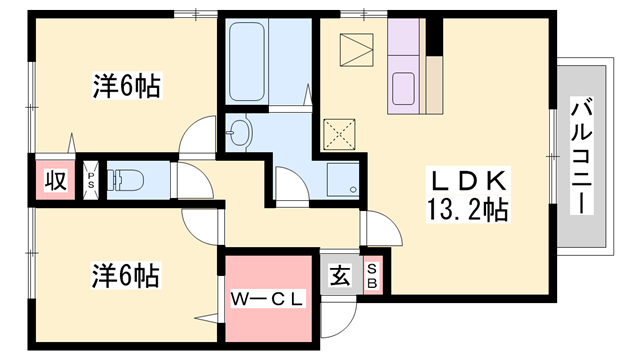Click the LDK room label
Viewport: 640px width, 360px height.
point(468,180)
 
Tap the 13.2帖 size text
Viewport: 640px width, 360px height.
point(468,210)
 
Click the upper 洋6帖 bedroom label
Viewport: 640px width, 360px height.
point(127,86)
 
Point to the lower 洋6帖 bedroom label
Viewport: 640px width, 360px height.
point(125,276)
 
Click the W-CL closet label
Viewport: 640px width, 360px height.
point(268,299)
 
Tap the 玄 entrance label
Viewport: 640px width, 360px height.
point(340,276)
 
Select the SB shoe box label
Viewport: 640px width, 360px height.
point(372,276)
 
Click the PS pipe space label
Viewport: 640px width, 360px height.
point(91,180)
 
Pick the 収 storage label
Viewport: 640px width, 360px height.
point(56,180)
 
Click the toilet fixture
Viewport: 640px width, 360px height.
point(125,180)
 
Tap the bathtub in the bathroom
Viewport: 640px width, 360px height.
point(246,61)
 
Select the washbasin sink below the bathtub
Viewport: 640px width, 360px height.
point(240,132)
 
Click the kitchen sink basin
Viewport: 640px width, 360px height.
point(403,88)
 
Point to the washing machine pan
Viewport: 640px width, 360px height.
point(343,180)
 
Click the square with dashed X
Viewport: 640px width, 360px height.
point(339,135)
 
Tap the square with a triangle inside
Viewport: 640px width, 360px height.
point(356,49)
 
